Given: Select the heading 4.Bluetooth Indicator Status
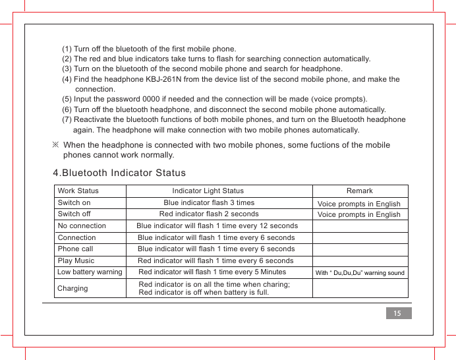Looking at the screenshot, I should point(119,173).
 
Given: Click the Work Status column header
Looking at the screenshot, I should point(78,191).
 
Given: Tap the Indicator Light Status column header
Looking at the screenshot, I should point(208,191).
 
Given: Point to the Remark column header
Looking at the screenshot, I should point(360,191).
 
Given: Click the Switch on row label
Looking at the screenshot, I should point(74,203).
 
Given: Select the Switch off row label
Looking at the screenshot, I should point(74,214).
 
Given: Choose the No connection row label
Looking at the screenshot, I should point(82,226).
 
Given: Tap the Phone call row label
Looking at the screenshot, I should point(76,249).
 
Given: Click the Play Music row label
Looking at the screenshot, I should point(76,261).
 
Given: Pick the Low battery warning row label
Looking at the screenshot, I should point(90,272).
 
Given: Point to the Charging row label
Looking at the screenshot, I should point(73,288).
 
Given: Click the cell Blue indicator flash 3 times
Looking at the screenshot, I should point(209,203).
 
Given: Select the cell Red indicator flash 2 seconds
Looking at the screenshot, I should point(209,214).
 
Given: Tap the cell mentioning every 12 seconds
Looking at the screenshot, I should point(217,226).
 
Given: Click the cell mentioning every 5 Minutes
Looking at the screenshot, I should point(212,272).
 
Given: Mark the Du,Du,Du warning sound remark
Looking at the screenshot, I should point(360,273).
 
